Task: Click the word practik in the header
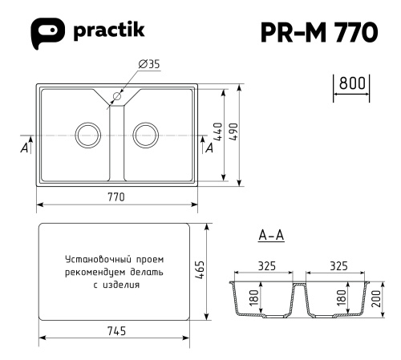(x=108, y=31)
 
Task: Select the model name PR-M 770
(x=319, y=32)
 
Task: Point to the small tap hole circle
(x=116, y=97)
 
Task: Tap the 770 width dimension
(x=117, y=198)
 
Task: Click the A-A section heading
(x=272, y=236)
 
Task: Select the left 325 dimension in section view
(x=268, y=265)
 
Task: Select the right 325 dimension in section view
(x=338, y=265)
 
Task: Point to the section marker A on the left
(x=24, y=148)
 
